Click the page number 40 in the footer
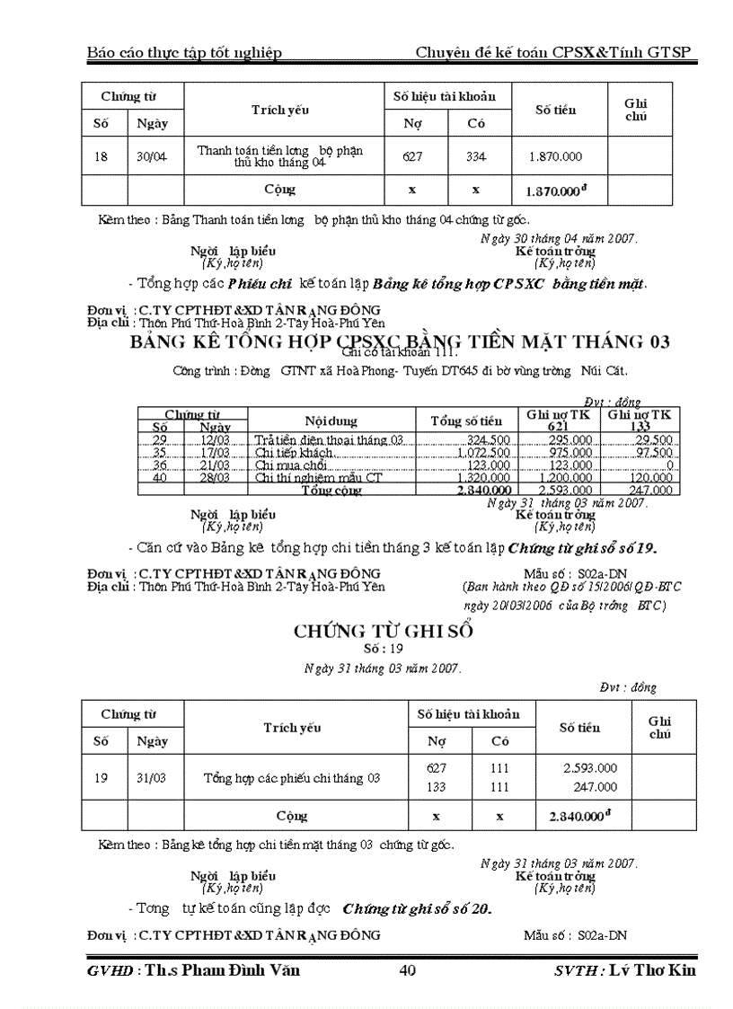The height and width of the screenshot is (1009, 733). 406,969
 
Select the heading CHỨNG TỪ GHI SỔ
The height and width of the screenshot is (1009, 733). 384,631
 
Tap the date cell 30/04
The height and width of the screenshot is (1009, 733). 151,156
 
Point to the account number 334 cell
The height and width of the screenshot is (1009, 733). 476,156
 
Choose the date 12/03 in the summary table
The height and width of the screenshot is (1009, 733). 216,439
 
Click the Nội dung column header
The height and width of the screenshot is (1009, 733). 331,420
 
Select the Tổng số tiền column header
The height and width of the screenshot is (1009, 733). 466,420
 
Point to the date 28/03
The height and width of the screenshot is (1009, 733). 216,477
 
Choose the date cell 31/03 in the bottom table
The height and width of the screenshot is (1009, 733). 151,777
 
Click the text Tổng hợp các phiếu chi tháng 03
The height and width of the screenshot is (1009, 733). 292,777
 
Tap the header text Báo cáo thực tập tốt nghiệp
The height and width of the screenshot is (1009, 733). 184,52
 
